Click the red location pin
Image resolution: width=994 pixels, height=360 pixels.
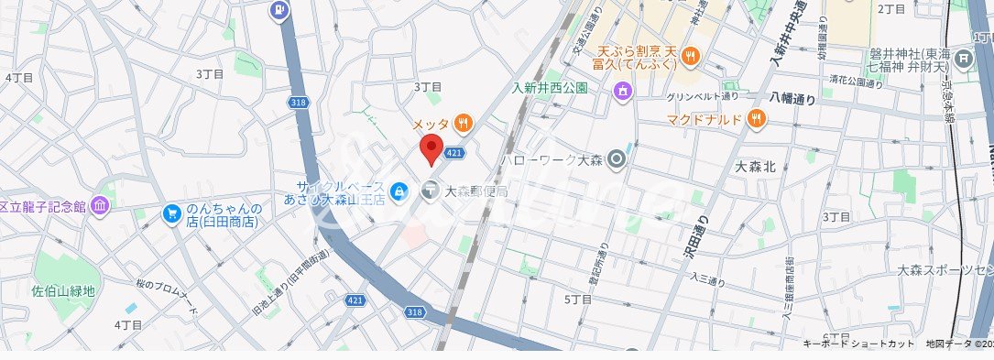point(431,147)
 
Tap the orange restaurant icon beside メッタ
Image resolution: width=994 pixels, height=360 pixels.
point(464,122)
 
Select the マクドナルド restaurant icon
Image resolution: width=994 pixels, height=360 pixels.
point(756,116)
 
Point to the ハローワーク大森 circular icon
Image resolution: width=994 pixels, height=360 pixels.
point(617,159)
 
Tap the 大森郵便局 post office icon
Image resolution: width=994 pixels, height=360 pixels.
point(430,191)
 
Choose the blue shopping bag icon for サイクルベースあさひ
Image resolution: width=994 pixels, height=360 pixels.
point(399,191)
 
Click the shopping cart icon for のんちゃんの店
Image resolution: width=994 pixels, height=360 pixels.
point(172,213)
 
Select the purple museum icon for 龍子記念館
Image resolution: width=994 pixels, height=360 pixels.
point(100,206)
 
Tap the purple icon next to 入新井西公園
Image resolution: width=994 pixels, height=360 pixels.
point(623,90)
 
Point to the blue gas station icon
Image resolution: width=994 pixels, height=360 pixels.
point(279,11)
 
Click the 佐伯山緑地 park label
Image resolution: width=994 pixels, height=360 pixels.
point(64,291)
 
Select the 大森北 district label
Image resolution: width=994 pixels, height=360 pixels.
point(756,167)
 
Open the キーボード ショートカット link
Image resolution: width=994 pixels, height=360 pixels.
point(858,344)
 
